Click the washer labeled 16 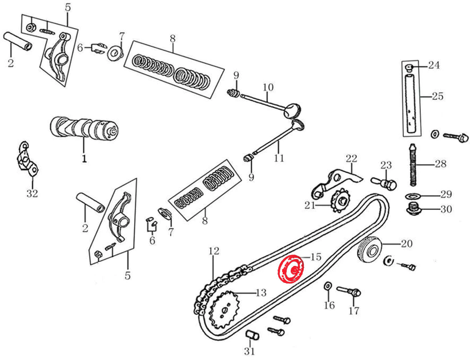coord(328,285)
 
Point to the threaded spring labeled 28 coord(413,165)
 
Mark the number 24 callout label coord(433,66)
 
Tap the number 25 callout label coord(437,96)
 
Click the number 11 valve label coord(278,158)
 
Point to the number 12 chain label coord(213,251)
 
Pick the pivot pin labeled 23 coord(387,182)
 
